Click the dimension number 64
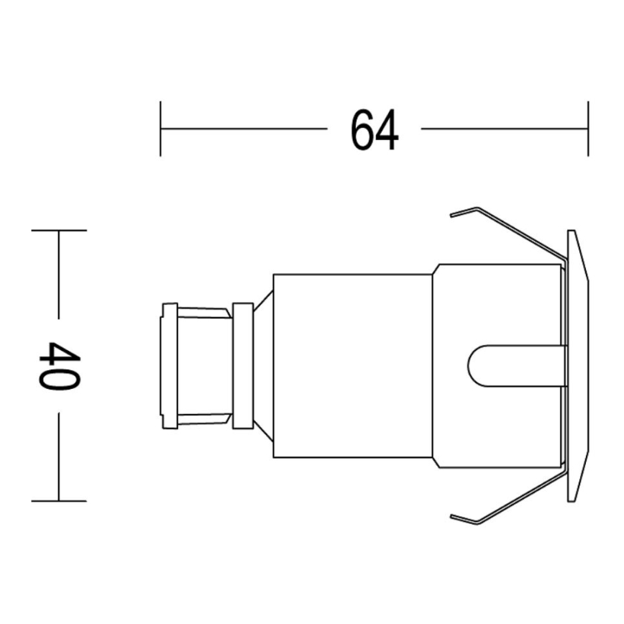pyautogui.click(x=374, y=129)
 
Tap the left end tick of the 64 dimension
pyautogui.click(x=160, y=129)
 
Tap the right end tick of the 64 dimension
pyautogui.click(x=588, y=129)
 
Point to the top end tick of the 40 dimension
pyautogui.click(x=58, y=231)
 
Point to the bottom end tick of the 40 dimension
pyautogui.click(x=58, y=500)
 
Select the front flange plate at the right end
pyautogui.click(x=577, y=365)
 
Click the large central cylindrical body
pyautogui.click(x=352, y=365)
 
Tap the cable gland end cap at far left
pyautogui.click(x=170, y=365)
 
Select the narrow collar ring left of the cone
pyautogui.click(x=243, y=365)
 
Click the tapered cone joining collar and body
pyautogui.click(x=263, y=365)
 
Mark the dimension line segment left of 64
pyautogui.click(x=244, y=129)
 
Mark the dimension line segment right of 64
pyautogui.click(x=503, y=129)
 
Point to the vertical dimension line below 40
pyautogui.click(x=58, y=456)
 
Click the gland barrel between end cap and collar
pyautogui.click(x=205, y=365)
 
